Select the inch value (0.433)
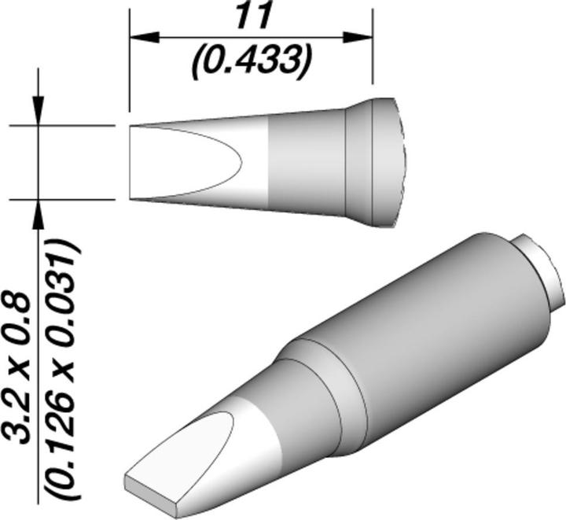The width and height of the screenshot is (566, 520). pyautogui.click(x=249, y=59)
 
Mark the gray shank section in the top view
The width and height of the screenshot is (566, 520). pyautogui.click(x=307, y=162)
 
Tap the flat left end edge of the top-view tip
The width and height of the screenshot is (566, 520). pyautogui.click(x=130, y=162)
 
